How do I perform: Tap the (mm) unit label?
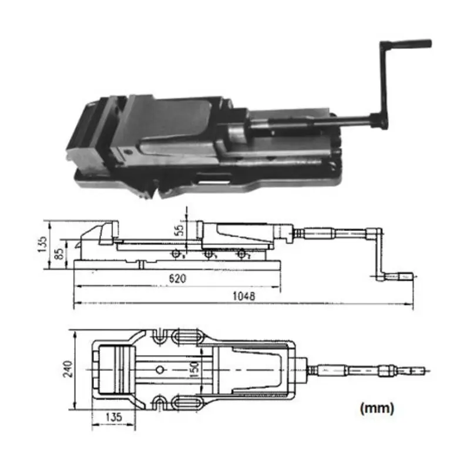coord(376,407)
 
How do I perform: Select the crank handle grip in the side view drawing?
coord(406,275)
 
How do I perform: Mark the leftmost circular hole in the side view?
coord(176,254)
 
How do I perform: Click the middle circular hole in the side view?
coord(207,254)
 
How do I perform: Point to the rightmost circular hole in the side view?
coord(240,254)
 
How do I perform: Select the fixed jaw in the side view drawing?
coord(106,233)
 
